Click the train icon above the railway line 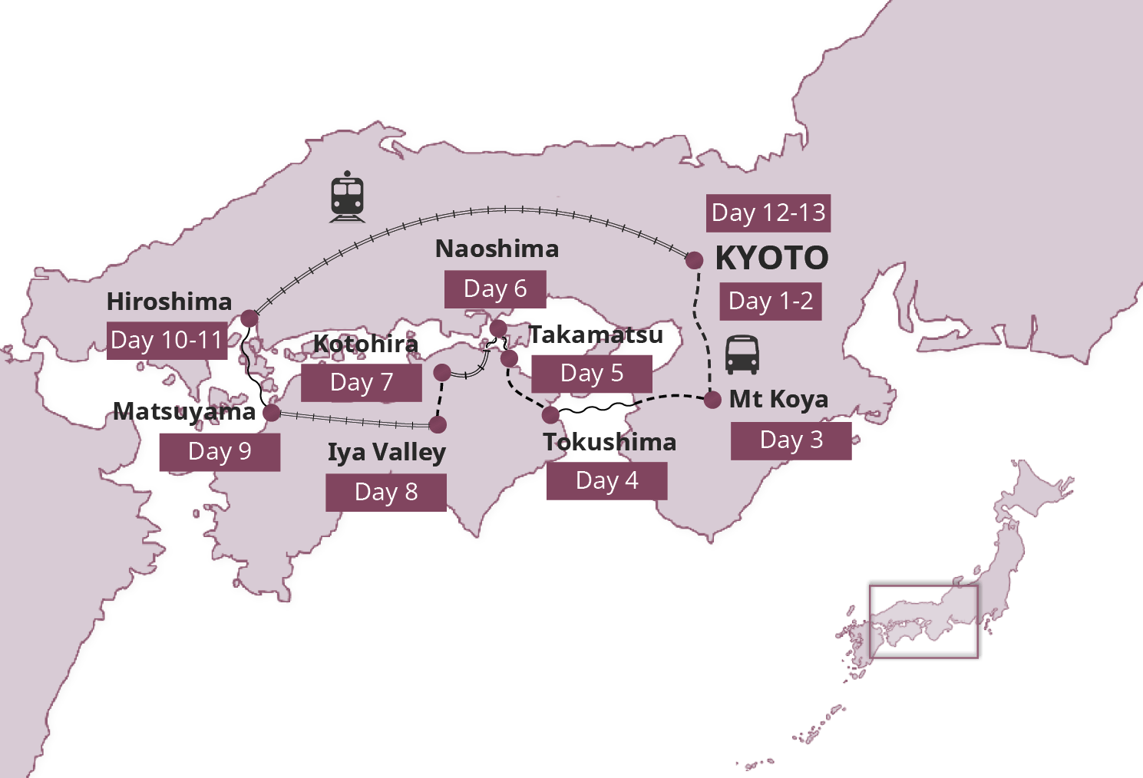[347, 196]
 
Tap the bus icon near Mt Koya [742, 354]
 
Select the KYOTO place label [771, 259]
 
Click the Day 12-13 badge [768, 213]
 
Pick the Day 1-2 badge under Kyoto [771, 301]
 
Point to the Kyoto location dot [694, 260]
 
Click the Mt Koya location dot [712, 400]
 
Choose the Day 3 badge [791, 440]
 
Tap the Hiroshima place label [169, 302]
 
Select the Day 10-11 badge [167, 340]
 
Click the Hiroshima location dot [249, 318]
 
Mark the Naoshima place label [497, 249]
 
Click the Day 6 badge [495, 288]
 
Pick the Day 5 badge [592, 374]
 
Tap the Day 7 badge [361, 382]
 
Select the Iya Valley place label [386, 452]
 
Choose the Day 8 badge [386, 492]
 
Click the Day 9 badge [220, 452]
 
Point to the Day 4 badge [606, 481]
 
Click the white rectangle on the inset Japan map [924, 621]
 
